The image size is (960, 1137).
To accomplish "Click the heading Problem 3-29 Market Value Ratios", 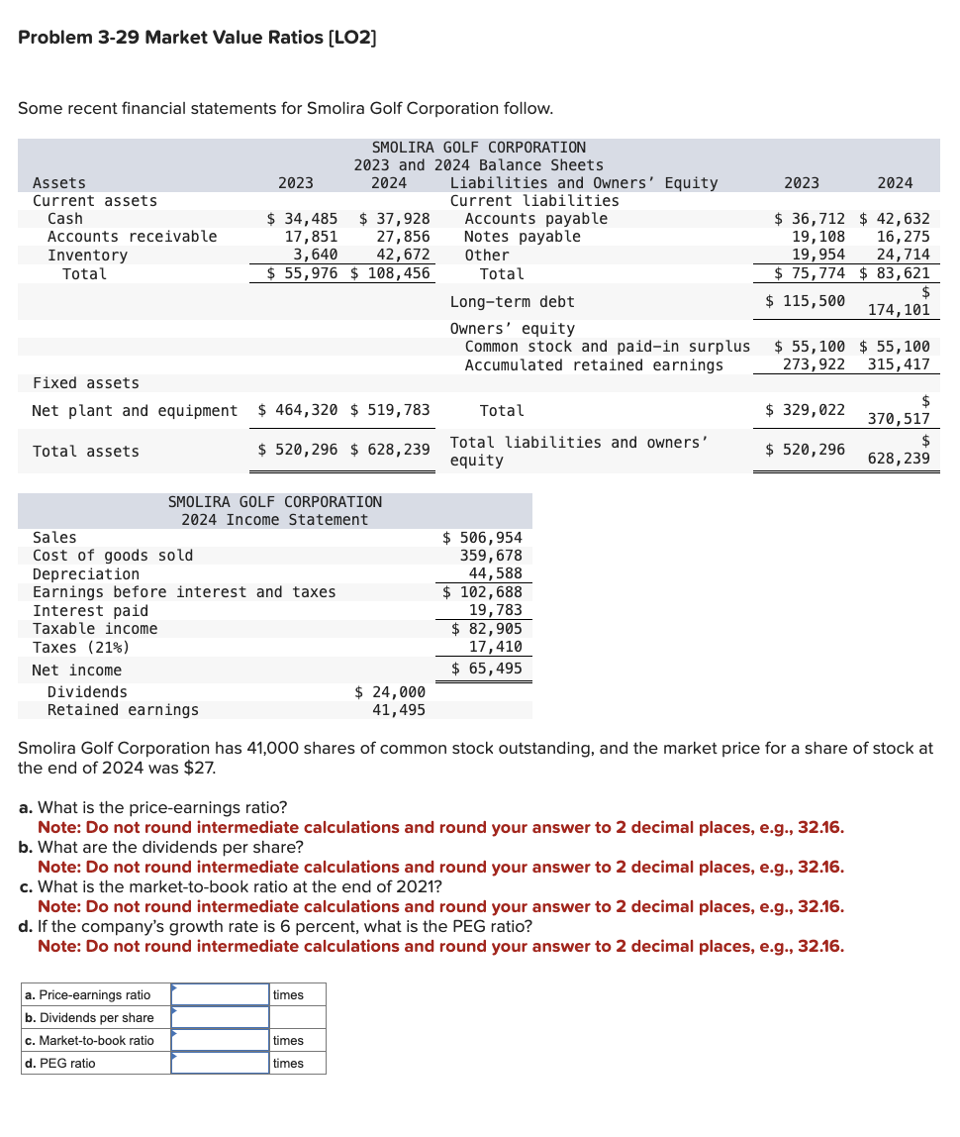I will coord(197,38).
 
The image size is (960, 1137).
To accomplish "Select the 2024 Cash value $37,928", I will coord(393,219).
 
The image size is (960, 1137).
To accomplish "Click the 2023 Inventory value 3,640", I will coord(310,255).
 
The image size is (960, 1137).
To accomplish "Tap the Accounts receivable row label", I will coord(132,237).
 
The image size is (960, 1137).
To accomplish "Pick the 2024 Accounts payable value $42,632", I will coord(895,219).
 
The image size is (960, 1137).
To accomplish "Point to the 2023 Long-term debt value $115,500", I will coord(805,301).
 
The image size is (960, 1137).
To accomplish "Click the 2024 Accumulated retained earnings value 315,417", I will coord(898,365).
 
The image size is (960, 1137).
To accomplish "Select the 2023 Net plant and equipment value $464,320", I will coord(297,410).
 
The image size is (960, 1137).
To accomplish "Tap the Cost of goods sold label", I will coord(113,556).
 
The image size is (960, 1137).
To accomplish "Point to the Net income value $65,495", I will coord(486,669).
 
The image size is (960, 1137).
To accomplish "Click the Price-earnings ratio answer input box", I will coord(220,994).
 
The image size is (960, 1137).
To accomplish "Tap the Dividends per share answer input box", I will coord(220,1017).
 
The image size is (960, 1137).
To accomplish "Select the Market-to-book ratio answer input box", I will coord(220,1040).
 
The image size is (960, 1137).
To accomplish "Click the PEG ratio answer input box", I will coord(220,1063).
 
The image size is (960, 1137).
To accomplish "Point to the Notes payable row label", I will coord(522,237).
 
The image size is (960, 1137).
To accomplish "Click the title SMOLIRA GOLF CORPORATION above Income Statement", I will coord(274,502).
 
